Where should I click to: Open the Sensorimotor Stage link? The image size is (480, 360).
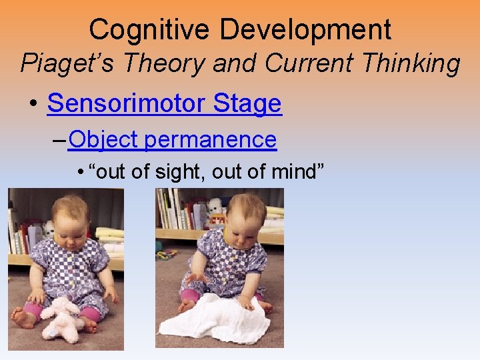165,103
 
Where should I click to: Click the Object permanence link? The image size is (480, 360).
172,139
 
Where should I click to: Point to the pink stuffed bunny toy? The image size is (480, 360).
64,317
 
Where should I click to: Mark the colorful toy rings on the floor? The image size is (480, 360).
167,254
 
